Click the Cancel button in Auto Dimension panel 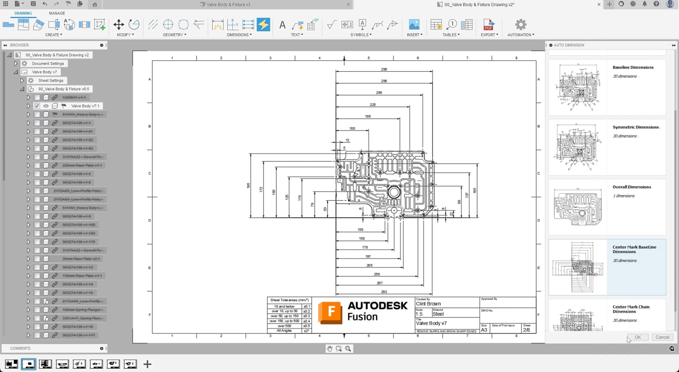(x=662, y=337)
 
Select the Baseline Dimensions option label (x=633, y=68)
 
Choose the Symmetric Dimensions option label (x=635, y=127)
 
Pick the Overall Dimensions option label (x=631, y=187)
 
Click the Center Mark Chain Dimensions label (x=631, y=309)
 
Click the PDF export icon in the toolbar (x=488, y=25)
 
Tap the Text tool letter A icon (x=282, y=25)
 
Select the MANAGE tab (x=57, y=13)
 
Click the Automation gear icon (x=520, y=25)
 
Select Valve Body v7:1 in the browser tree (x=85, y=106)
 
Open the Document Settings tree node (x=48, y=64)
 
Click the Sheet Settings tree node (x=50, y=81)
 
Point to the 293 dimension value (x=384, y=292)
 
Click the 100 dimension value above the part (x=352, y=129)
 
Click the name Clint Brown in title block (x=428, y=304)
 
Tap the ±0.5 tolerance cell (x=306, y=326)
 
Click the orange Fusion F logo (x=330, y=312)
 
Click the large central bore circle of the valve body (x=393, y=192)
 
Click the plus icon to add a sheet (x=147, y=364)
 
